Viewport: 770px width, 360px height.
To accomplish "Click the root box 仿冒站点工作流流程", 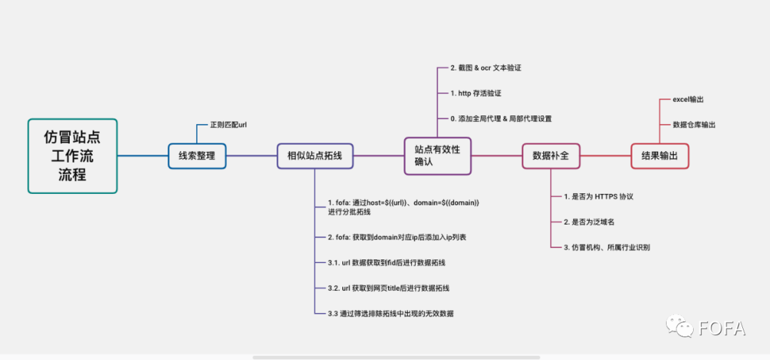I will pyautogui.click(x=72, y=155).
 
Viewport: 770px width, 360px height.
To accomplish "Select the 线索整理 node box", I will pyautogui.click(x=197, y=155).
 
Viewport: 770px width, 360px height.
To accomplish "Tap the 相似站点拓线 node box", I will pyautogui.click(x=314, y=155).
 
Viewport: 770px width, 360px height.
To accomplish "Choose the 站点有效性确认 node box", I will pyautogui.click(x=438, y=155).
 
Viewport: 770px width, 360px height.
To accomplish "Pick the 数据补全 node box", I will pyautogui.click(x=551, y=155).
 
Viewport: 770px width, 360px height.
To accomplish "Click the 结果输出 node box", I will pyautogui.click(x=659, y=155).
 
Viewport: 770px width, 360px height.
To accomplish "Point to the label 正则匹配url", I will pyautogui.click(x=228, y=125).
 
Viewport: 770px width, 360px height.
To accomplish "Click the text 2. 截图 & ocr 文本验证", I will pyautogui.click(x=491, y=68).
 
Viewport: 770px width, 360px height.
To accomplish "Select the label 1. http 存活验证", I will pyautogui.click(x=481, y=93).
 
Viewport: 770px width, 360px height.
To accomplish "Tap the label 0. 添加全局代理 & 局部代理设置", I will pyautogui.click(x=500, y=119).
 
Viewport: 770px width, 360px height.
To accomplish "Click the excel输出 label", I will pyautogui.click(x=688, y=100).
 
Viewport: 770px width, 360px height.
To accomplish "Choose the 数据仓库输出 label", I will pyautogui.click(x=694, y=125).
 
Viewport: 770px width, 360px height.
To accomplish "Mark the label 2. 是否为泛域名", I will pyautogui.click(x=588, y=222).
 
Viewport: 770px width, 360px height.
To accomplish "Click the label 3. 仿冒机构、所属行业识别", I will pyautogui.click(x=606, y=247).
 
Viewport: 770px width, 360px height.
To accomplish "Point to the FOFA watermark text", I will pyautogui.click(x=722, y=329).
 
